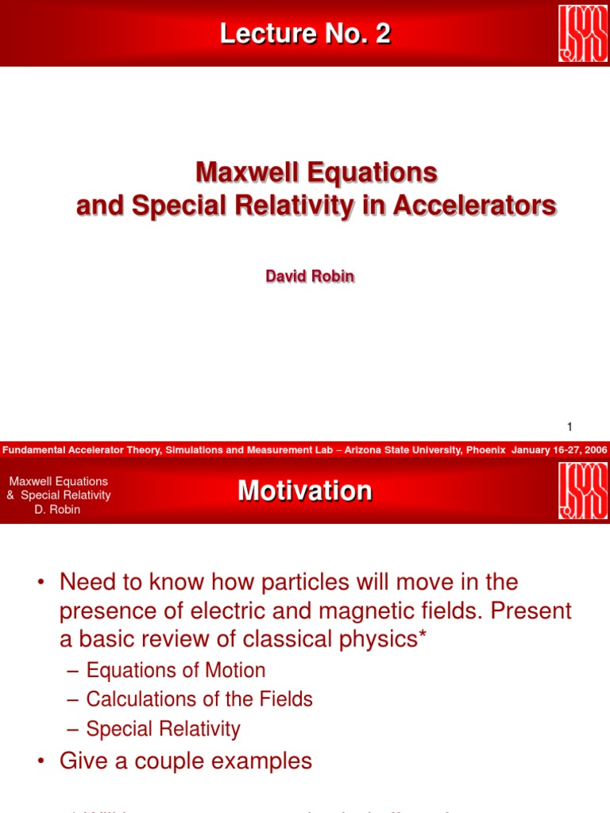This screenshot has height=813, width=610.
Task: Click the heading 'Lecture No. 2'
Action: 305,34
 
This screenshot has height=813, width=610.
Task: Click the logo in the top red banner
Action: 583,33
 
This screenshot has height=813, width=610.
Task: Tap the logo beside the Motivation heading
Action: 583,491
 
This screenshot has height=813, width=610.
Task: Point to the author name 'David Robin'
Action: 310,277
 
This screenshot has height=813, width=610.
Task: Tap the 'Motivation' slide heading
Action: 305,491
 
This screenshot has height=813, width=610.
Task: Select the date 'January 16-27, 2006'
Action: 559,450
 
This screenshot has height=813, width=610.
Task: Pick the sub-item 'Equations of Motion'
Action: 176,670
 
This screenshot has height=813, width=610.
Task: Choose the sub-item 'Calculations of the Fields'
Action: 199,699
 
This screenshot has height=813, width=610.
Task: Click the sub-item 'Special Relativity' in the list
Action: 163,729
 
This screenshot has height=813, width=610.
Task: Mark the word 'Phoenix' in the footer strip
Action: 485,450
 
